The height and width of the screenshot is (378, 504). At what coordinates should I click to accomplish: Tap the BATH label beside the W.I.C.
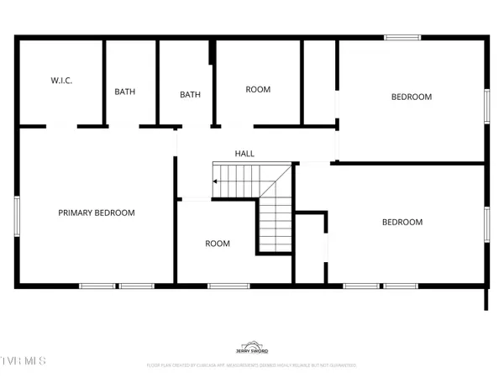(125, 92)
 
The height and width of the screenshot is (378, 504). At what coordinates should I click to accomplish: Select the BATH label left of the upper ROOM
(191, 94)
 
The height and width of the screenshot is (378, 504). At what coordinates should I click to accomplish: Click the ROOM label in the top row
(257, 89)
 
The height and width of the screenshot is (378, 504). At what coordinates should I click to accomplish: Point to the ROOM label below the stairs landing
(218, 244)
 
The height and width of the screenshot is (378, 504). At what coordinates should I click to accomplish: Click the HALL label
(244, 154)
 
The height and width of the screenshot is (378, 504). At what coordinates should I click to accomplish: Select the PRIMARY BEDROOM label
(97, 213)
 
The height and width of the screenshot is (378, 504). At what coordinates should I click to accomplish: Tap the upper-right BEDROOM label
(412, 97)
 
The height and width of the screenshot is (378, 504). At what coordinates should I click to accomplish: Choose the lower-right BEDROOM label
(402, 222)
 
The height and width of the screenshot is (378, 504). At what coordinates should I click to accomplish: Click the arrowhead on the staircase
(215, 181)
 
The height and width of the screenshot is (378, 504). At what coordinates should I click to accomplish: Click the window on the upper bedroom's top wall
(402, 37)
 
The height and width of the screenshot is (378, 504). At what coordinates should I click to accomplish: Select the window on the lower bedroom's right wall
(486, 223)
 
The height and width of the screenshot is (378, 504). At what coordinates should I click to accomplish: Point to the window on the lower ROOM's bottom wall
(223, 286)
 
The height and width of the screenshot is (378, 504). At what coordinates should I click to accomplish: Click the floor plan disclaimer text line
(252, 365)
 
